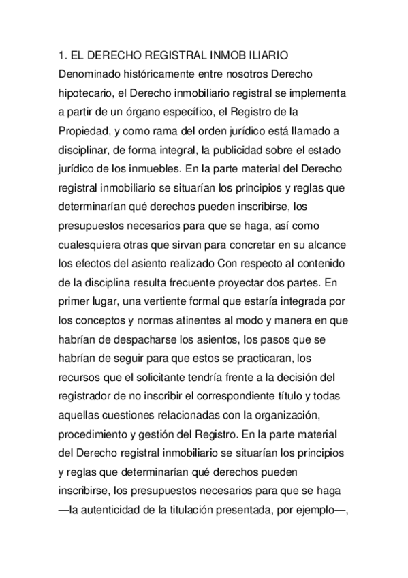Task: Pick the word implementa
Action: click(317, 90)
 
